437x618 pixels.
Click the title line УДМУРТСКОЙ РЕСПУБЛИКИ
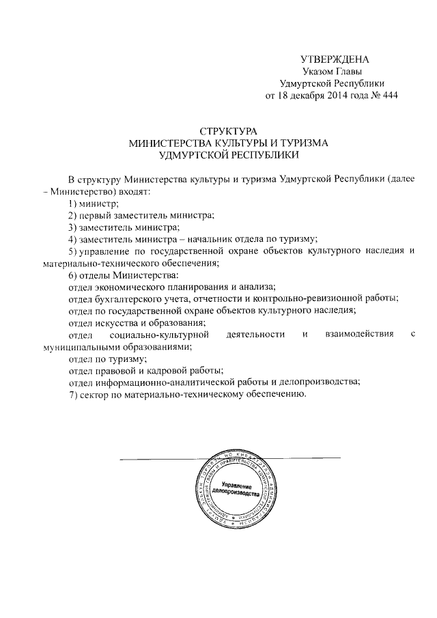(228, 156)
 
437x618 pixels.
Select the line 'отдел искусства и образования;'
(137, 322)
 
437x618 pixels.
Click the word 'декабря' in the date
(298, 96)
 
